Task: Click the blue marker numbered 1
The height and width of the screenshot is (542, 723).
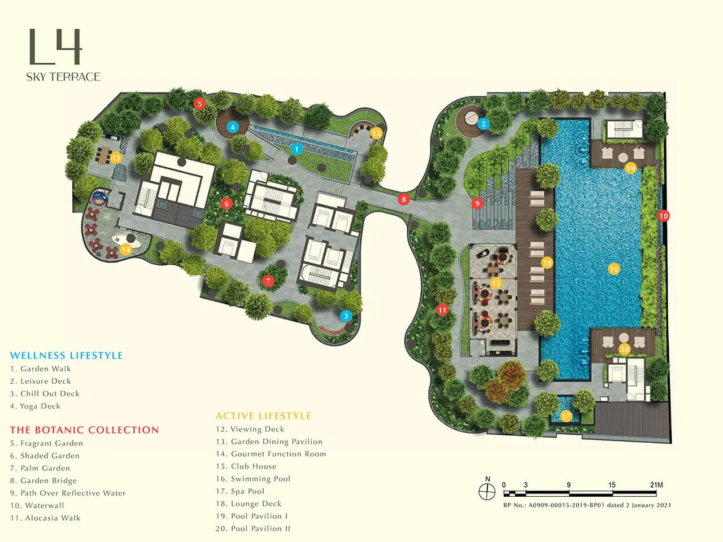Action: pos(297,149)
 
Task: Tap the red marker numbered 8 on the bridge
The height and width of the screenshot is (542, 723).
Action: pos(403,199)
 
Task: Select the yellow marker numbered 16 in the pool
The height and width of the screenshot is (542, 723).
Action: pos(614,269)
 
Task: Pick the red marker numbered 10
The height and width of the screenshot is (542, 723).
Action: pos(664,216)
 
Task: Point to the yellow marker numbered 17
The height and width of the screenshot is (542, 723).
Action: pos(566,416)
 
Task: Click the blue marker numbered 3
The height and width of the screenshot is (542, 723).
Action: pos(346,316)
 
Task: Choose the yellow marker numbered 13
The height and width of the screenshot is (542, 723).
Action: pos(116,158)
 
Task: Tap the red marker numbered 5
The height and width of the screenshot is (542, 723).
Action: pos(199,103)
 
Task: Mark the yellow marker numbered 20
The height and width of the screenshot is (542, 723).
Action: pos(624,349)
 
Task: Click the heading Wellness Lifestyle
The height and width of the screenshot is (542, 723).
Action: pos(66,356)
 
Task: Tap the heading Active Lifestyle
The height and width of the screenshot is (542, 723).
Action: pos(263,416)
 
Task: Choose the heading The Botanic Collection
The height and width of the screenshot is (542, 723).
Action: pos(84,430)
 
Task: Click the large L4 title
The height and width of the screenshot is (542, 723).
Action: pos(55,47)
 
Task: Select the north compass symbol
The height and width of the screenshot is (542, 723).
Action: pos(487,490)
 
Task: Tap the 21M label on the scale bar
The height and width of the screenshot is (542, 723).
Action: pos(656,485)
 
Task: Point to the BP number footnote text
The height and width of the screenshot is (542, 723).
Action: pos(587,505)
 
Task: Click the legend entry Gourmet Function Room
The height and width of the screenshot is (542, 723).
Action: pos(278,454)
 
